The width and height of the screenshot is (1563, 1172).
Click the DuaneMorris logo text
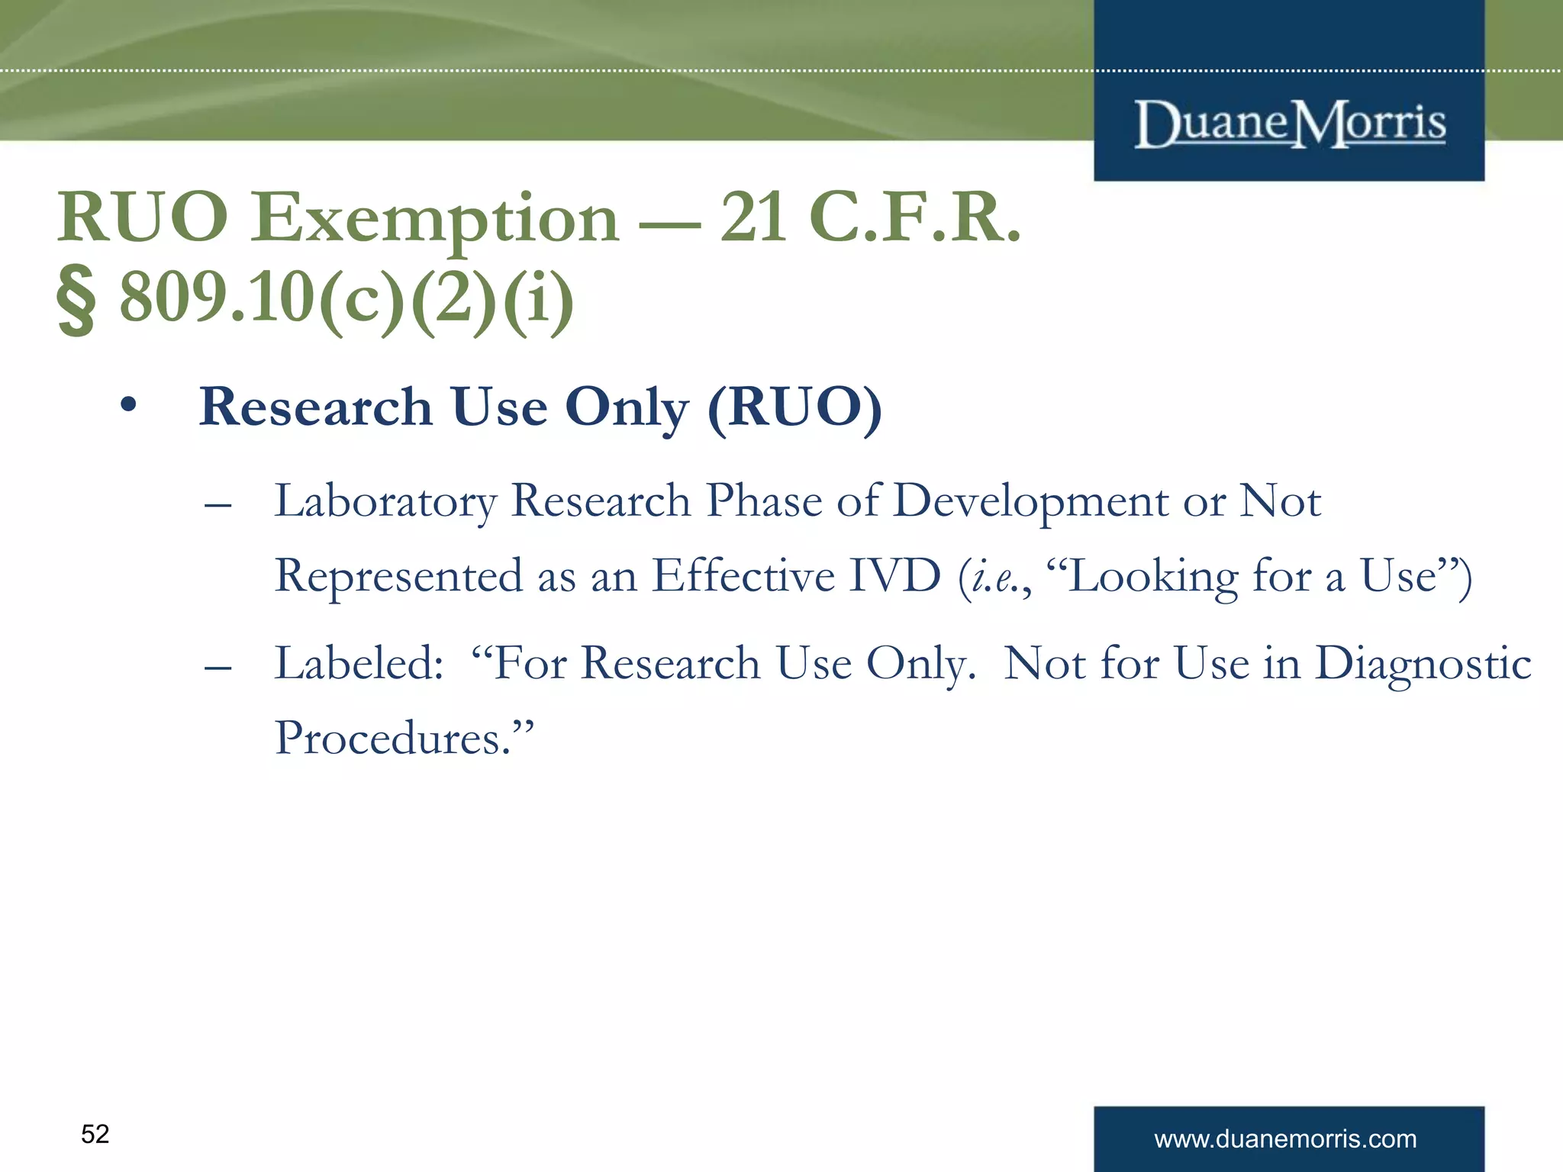pyautogui.click(x=1290, y=124)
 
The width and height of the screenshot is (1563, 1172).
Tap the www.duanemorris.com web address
pyautogui.click(x=1285, y=1139)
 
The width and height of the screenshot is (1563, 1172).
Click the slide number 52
pyautogui.click(x=95, y=1135)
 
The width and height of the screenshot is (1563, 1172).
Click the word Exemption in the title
pyautogui.click(x=435, y=220)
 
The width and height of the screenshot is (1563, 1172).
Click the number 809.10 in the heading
pyautogui.click(x=217, y=298)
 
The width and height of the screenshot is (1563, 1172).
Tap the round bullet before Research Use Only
pyautogui.click(x=128, y=406)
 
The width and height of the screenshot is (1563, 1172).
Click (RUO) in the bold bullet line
pyautogui.click(x=794, y=407)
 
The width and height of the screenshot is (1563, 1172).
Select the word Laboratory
pyautogui.click(x=385, y=502)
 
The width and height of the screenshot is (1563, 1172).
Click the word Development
pyautogui.click(x=1030, y=502)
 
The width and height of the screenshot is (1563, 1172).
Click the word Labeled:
pyautogui.click(x=359, y=663)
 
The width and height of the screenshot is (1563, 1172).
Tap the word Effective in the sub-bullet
pyautogui.click(x=743, y=576)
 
